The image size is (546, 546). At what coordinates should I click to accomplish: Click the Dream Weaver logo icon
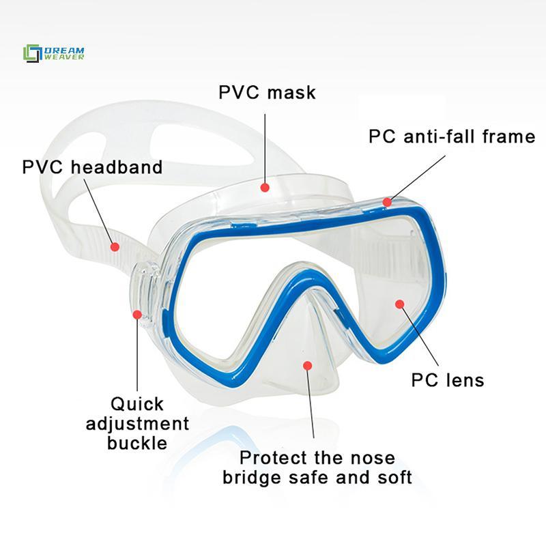(32, 53)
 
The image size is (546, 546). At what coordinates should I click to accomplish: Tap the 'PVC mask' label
(267, 93)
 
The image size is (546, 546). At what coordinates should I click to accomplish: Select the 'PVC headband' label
(92, 167)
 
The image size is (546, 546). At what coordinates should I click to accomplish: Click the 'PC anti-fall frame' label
(452, 136)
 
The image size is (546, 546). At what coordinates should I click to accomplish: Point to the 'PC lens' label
(448, 379)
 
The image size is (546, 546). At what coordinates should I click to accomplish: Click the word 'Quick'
(137, 405)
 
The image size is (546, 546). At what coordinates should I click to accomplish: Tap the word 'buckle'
(137, 443)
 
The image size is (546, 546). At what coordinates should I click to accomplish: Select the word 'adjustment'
(138, 424)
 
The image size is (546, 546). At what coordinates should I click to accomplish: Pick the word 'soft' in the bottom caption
(395, 477)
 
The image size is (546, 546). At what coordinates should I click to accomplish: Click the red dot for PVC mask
(265, 188)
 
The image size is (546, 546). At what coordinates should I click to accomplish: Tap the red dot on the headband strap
(115, 247)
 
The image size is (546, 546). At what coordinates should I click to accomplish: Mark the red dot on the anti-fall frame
(387, 202)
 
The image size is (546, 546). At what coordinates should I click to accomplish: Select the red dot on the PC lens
(400, 304)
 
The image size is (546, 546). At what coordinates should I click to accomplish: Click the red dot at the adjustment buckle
(137, 315)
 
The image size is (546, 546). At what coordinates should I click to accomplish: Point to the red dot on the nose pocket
(308, 366)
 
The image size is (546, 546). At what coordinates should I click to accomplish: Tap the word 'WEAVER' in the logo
(64, 57)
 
